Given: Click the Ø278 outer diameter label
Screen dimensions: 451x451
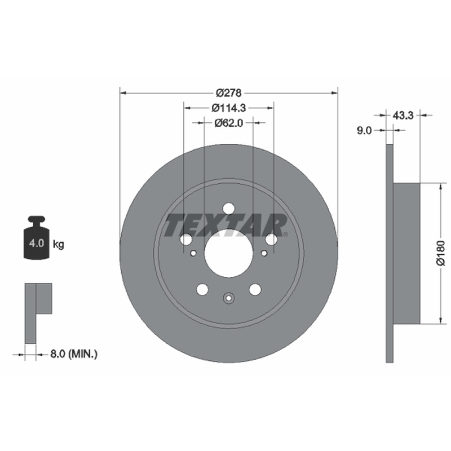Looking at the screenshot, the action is [229, 93].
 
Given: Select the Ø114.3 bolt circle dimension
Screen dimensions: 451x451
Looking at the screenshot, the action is [229, 108].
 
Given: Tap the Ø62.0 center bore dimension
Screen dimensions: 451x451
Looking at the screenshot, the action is [229, 123].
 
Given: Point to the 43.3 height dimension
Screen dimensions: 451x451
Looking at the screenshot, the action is [403, 116].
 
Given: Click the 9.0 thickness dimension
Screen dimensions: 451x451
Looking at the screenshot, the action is [364, 130].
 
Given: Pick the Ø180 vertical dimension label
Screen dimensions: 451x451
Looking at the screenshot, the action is [441, 253].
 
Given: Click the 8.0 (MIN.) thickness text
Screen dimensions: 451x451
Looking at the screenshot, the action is [74, 353].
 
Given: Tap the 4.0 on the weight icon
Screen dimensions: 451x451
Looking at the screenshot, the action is [37, 244].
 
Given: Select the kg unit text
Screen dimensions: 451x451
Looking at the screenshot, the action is [59, 245].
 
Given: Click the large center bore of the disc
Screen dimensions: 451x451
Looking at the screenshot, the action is [229, 253].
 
